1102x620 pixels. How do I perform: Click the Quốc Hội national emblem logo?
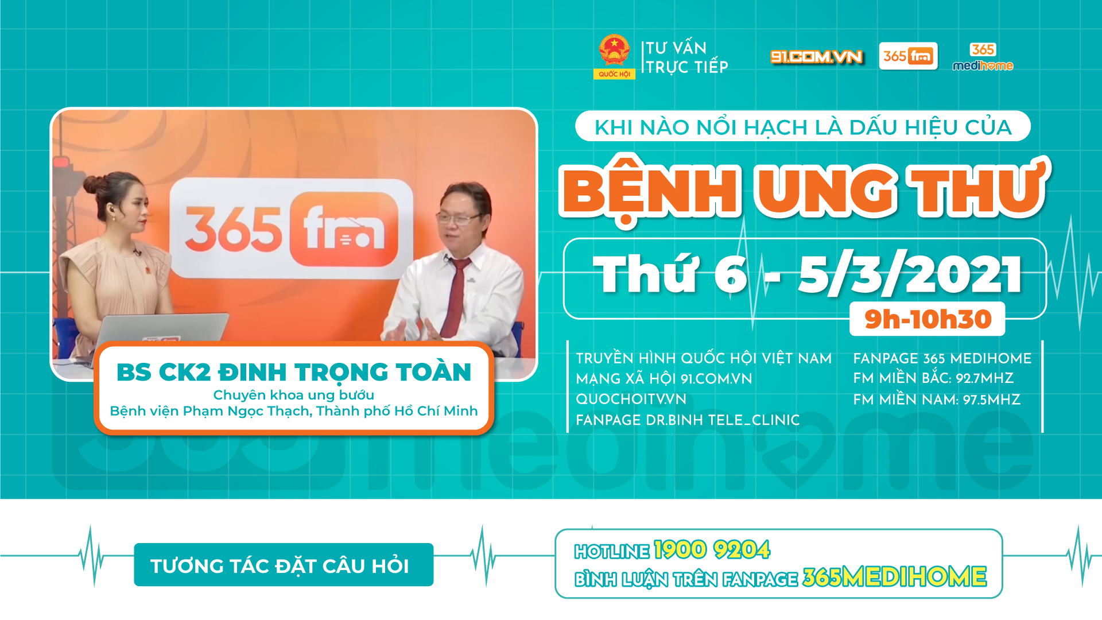(x=614, y=56)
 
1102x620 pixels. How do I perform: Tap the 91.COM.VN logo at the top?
(x=816, y=56)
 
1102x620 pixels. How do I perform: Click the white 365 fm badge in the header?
(x=908, y=56)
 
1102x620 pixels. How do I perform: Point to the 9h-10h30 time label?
(x=928, y=319)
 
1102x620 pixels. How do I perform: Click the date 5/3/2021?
(x=910, y=274)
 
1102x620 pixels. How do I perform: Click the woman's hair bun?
(x=94, y=184)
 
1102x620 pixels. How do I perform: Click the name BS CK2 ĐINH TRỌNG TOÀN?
(x=294, y=372)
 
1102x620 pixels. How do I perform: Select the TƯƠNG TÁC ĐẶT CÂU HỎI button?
(x=284, y=565)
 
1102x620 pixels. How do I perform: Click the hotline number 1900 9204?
(x=712, y=550)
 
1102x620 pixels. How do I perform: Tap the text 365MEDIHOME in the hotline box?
(x=894, y=577)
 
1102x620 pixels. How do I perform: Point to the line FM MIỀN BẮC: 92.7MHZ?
(x=933, y=378)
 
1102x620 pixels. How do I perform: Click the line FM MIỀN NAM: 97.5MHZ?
(x=937, y=400)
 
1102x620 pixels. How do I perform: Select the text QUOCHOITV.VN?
(x=631, y=399)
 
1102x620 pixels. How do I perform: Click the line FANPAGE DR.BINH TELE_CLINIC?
(x=688, y=420)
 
